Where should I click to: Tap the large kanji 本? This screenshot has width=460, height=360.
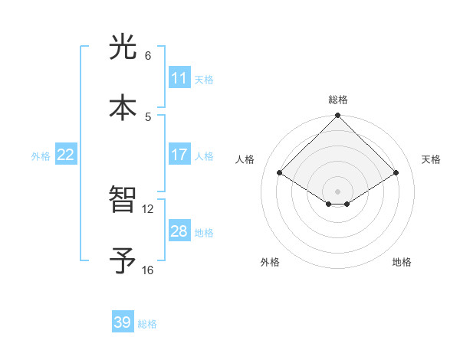click(123, 107)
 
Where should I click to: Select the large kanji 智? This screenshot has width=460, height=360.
click(123, 200)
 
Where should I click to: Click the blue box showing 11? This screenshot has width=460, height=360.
click(179, 78)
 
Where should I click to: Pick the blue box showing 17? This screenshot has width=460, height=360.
click(179, 155)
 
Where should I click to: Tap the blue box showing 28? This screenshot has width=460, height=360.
click(179, 231)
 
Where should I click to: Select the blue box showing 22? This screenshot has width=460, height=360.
click(66, 155)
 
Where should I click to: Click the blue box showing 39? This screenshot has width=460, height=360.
click(123, 322)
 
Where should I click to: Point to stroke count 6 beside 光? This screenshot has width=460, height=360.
click(148, 56)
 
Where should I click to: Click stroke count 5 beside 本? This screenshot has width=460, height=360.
click(148, 116)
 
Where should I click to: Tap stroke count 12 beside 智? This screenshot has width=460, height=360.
click(148, 208)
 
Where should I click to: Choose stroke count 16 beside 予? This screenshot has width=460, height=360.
click(148, 270)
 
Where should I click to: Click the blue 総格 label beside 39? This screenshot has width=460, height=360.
click(147, 324)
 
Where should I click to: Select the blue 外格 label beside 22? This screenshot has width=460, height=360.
click(41, 156)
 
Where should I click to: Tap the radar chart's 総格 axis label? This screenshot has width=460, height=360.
click(338, 100)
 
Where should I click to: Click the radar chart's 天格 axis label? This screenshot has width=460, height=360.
click(431, 159)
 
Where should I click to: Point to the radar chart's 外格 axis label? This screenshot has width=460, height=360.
click(270, 262)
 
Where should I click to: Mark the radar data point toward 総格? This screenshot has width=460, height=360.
click(338, 116)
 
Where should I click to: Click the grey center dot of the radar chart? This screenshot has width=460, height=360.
click(338, 191)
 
